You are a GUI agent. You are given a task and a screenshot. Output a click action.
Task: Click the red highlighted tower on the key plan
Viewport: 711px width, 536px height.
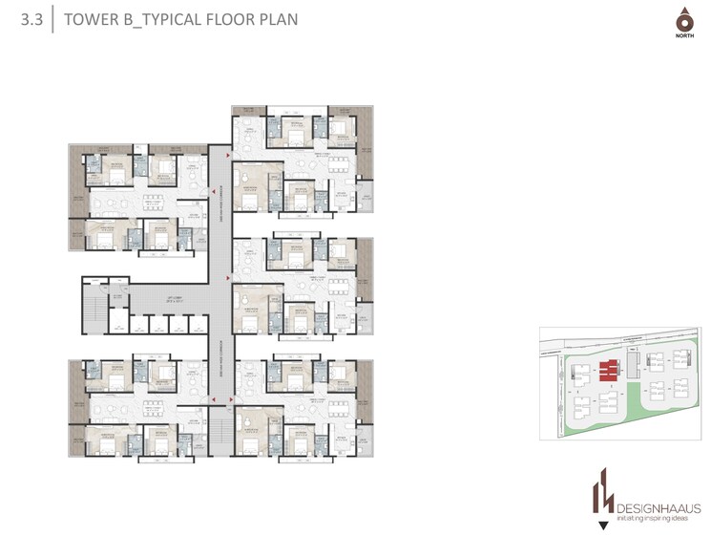(x=606, y=370)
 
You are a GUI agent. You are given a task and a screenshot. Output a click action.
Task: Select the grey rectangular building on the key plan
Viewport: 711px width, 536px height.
(x=633, y=364)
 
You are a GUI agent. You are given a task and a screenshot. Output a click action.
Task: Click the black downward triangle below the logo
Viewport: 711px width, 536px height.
(x=601, y=524)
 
